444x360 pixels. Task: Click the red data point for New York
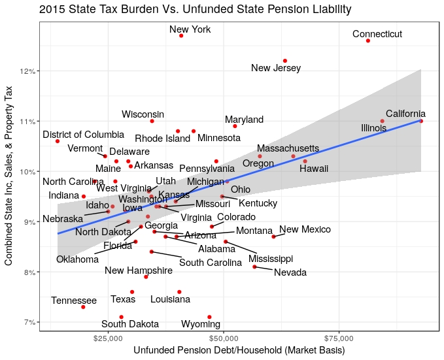tap(181, 35)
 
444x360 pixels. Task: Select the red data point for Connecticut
tap(368, 41)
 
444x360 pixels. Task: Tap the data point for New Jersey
tap(284, 61)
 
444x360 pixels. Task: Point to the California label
tap(405, 114)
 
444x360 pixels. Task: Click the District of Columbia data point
tap(58, 141)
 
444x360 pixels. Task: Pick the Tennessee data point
tap(83, 306)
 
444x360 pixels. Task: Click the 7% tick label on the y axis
tap(28, 322)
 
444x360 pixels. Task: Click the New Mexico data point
tap(273, 237)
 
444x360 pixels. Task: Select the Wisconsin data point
tap(152, 121)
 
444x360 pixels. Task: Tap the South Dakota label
tap(129, 324)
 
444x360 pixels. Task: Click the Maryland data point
tap(235, 125)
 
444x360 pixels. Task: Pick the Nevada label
tap(290, 272)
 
